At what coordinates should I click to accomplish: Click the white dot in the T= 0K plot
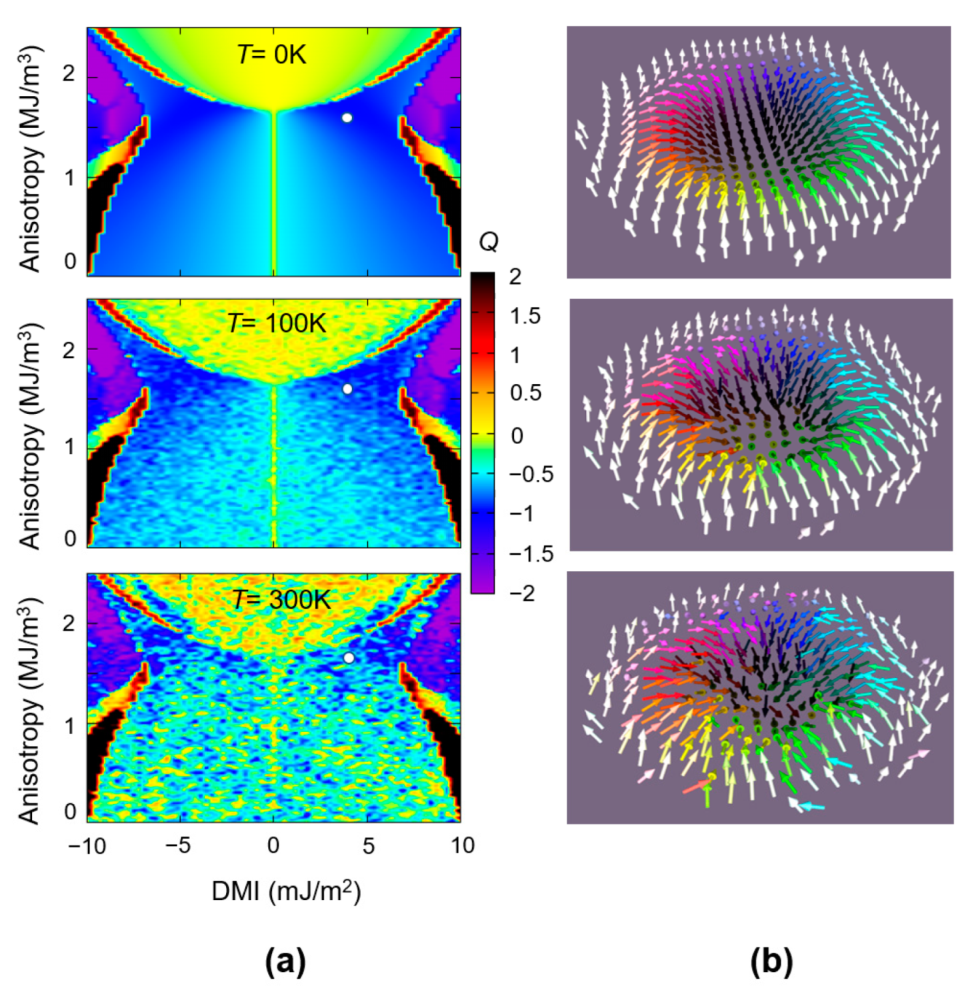click(347, 118)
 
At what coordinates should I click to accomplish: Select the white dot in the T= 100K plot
click(347, 389)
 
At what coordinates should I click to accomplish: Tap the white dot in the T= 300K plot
click(349, 658)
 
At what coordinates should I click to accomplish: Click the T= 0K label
click(272, 54)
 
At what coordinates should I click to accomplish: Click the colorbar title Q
click(489, 242)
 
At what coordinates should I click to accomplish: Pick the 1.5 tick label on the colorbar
click(525, 316)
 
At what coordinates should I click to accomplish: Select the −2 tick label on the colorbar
click(522, 593)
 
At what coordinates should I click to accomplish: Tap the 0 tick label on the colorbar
click(516, 435)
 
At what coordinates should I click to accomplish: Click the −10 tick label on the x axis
click(87, 846)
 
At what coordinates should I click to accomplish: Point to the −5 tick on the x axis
click(178, 846)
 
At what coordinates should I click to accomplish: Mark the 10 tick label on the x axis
click(462, 846)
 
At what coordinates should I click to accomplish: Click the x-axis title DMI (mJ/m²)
click(286, 891)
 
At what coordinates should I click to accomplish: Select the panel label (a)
click(285, 962)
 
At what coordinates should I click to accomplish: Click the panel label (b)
click(771, 962)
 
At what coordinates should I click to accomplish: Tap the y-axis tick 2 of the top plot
click(69, 73)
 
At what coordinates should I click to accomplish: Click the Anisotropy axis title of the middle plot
click(29, 436)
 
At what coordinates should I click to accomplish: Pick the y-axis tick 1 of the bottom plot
click(69, 726)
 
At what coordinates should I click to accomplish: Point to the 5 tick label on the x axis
click(368, 846)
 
